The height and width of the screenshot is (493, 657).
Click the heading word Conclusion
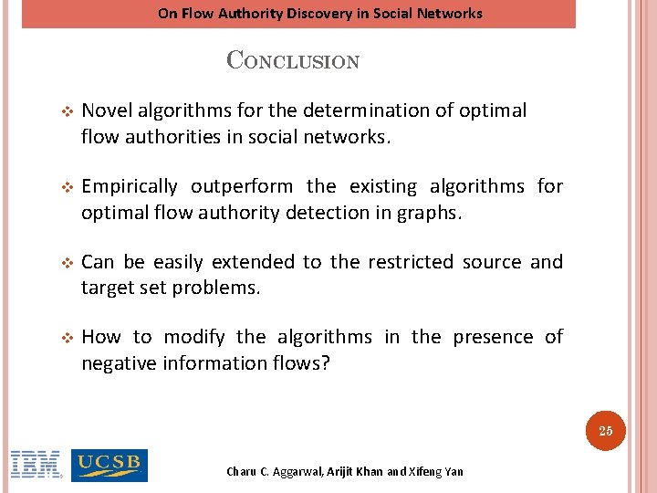coord(293,61)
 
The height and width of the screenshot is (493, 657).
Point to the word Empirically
coord(130,187)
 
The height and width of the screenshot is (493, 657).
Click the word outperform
coord(242,187)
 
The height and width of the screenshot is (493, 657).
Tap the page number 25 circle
coord(606,431)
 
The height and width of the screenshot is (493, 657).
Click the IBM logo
coord(36,465)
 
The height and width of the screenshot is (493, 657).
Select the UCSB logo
coord(109,465)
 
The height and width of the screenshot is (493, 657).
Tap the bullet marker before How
coord(65,338)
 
